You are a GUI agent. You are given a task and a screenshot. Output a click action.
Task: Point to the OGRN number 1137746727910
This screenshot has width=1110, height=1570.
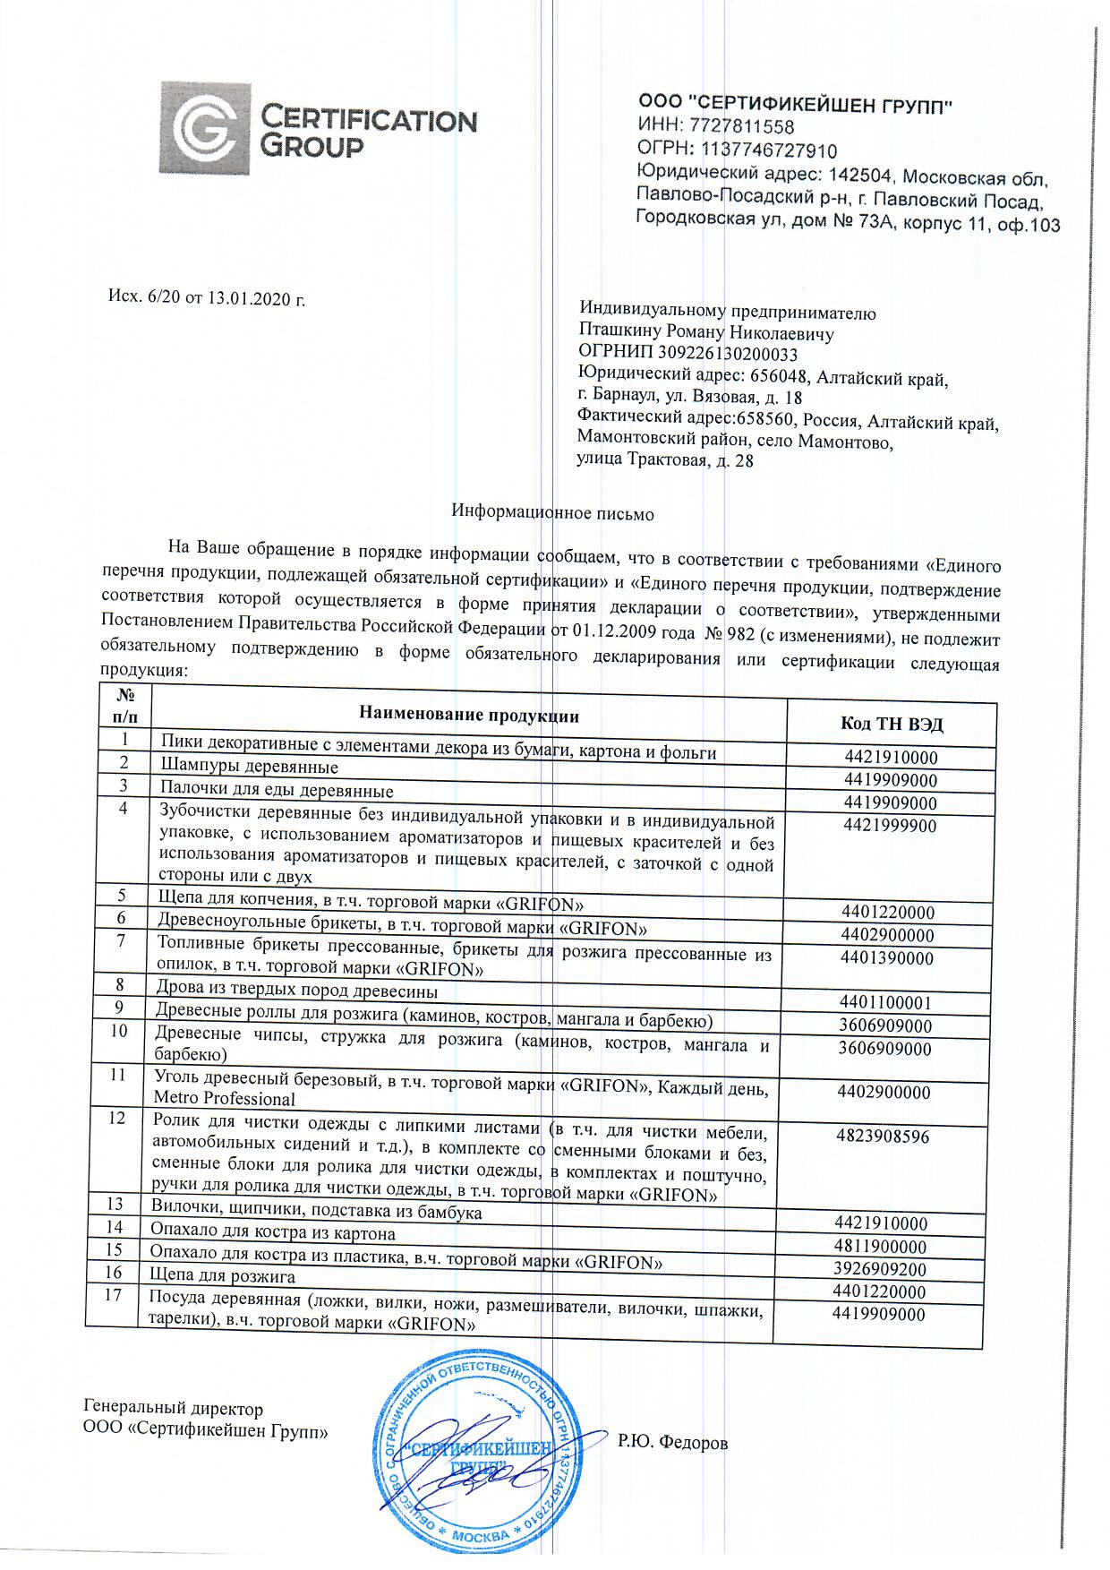tap(769, 150)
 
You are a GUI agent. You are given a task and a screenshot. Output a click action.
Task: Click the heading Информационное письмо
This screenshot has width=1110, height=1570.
tap(553, 514)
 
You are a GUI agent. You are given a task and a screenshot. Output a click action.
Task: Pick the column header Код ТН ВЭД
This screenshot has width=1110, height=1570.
tap(892, 725)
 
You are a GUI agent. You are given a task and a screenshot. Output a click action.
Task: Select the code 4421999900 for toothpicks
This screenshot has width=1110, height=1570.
tap(890, 826)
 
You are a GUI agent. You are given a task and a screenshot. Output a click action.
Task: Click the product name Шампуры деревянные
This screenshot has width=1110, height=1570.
tap(249, 768)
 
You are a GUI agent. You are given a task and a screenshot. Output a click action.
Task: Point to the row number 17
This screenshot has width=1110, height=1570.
tap(113, 1296)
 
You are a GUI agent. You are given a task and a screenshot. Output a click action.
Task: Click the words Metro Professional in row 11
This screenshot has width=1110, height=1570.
tap(225, 1099)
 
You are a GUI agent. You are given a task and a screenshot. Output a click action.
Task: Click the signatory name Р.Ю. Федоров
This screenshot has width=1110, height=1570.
tap(672, 1442)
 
